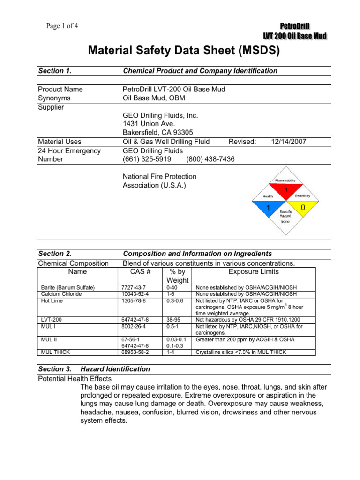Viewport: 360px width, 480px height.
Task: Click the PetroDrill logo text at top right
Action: (x=295, y=26)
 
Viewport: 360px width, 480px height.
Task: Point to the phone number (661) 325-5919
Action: (x=147, y=159)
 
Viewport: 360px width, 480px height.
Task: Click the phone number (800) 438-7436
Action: (x=210, y=159)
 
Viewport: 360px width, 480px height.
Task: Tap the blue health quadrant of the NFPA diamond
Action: (x=268, y=207)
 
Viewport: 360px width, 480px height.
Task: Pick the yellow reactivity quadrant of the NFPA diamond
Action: (x=303, y=207)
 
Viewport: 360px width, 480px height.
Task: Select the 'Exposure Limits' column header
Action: (x=253, y=271)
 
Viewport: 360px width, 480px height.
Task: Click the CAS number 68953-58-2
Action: (x=135, y=351)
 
